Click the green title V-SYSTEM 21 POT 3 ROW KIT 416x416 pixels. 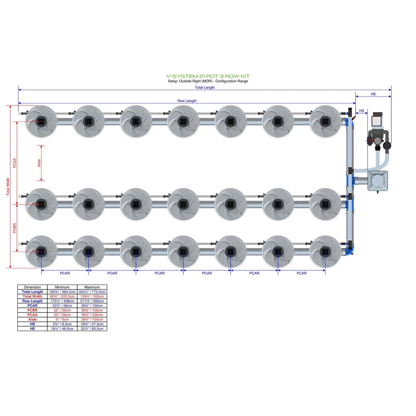(208, 76)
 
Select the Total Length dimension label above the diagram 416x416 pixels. (204, 88)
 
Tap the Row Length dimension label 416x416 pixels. (187, 101)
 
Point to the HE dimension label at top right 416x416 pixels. (373, 94)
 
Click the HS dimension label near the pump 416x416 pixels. (361, 111)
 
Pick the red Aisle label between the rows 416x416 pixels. (39, 163)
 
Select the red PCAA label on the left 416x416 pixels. (14, 163)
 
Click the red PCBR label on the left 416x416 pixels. (14, 228)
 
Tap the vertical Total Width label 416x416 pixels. (8, 187)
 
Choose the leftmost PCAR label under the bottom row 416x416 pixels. (65, 273)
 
